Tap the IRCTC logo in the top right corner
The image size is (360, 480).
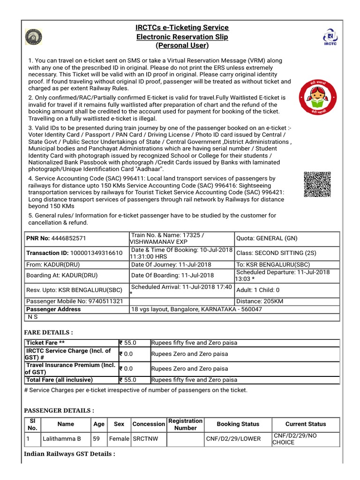point(330,38)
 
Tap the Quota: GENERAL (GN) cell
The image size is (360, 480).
point(267,238)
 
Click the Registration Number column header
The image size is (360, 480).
point(185,424)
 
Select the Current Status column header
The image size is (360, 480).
point(306,424)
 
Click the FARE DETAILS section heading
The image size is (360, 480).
point(48,332)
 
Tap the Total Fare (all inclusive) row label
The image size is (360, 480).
point(60,380)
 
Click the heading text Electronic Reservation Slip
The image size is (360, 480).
point(182,37)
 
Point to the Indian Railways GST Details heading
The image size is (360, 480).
point(69,454)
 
